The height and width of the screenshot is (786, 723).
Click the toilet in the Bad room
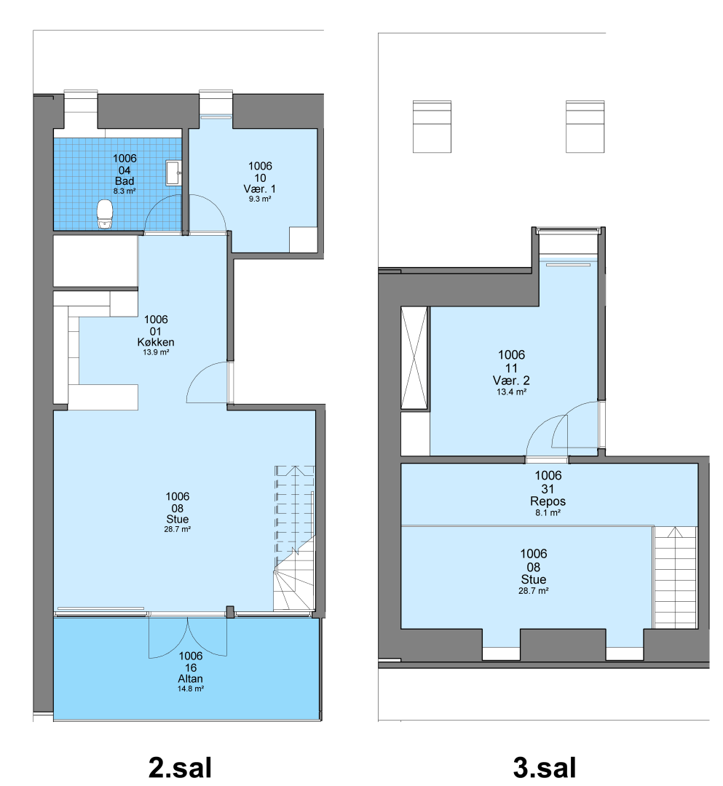pyautogui.click(x=105, y=215)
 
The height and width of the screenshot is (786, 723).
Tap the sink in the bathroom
pyautogui.click(x=173, y=173)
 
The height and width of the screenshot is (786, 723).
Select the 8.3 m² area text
pyautogui.click(x=125, y=191)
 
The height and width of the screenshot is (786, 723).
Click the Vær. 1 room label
pyautogui.click(x=260, y=188)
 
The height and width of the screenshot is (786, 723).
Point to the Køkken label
pyautogui.click(x=156, y=342)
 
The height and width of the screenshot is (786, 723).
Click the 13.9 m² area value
pyautogui.click(x=156, y=352)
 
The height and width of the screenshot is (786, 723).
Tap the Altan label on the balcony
pyautogui.click(x=191, y=678)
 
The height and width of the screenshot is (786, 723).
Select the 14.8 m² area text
pyautogui.click(x=191, y=688)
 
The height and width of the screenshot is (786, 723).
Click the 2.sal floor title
pyautogui.click(x=180, y=767)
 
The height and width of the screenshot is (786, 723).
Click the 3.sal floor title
pyautogui.click(x=545, y=767)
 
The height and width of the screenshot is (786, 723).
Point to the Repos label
pyautogui.click(x=548, y=501)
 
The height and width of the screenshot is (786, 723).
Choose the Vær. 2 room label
pyautogui.click(x=511, y=381)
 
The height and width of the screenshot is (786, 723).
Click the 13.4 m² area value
pyautogui.click(x=511, y=392)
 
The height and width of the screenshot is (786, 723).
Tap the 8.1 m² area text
pyautogui.click(x=548, y=513)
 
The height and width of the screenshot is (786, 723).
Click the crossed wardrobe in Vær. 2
pyautogui.click(x=414, y=358)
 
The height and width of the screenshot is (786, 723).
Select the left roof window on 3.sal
pyautogui.click(x=432, y=127)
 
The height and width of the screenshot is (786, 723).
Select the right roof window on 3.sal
pyautogui.click(x=585, y=127)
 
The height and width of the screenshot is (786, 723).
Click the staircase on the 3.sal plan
pyautogui.click(x=676, y=577)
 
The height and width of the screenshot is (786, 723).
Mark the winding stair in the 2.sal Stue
pyautogui.click(x=294, y=538)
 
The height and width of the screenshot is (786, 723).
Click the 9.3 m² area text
pyautogui.click(x=260, y=199)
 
